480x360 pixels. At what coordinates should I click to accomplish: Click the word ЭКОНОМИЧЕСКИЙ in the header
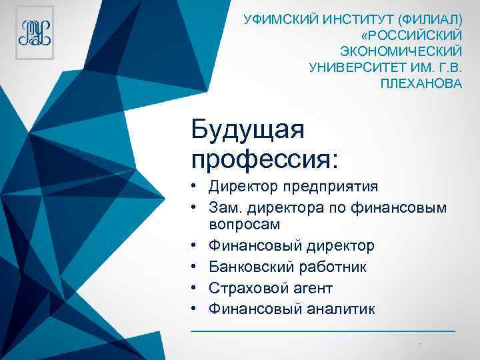pos(401,51)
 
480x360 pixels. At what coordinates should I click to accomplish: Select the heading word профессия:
pos(265,159)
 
